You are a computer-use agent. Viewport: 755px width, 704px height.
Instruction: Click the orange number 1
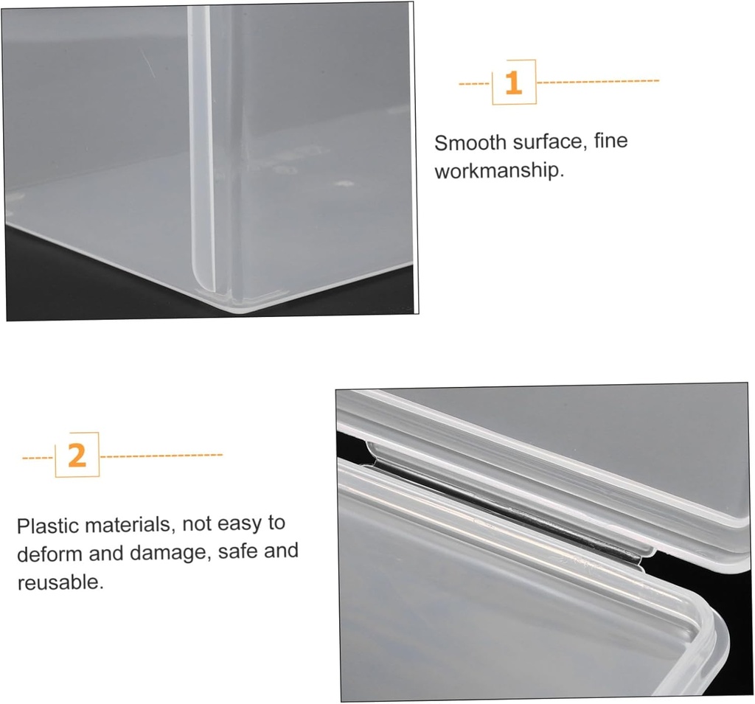point(513,83)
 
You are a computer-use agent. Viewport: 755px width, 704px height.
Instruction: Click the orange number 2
point(77,456)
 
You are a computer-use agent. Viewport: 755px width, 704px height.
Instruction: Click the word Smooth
point(470,143)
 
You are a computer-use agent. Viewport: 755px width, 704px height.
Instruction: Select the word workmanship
point(498,172)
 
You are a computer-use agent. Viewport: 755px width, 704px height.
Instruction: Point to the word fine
point(610,140)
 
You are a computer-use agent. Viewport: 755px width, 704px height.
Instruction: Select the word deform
point(49,554)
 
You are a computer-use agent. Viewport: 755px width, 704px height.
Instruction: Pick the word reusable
point(60,582)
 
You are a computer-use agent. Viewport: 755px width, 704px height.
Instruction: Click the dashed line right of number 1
point(597,81)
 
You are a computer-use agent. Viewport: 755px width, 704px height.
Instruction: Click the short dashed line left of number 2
point(38,458)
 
